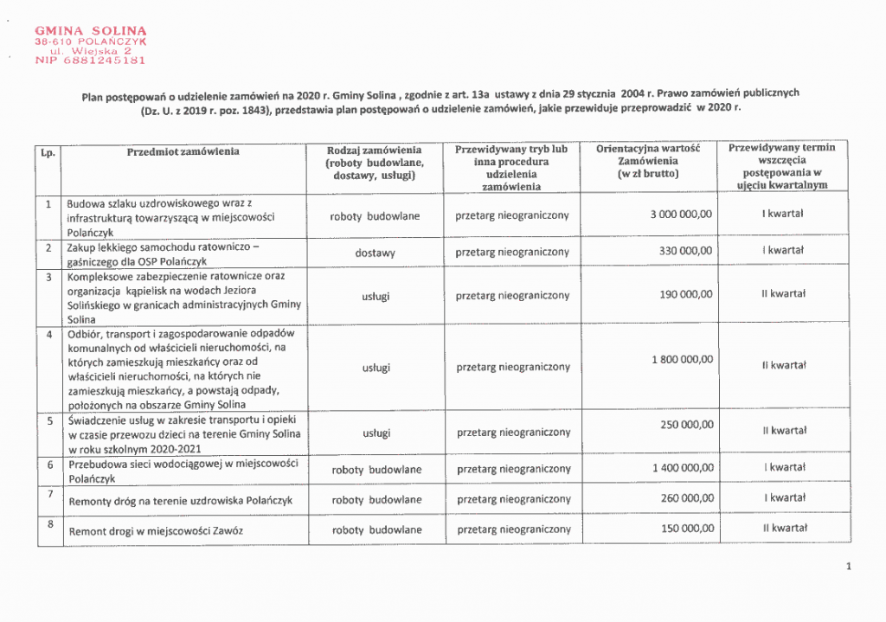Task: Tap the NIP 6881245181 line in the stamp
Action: (x=90, y=61)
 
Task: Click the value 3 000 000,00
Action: (x=681, y=215)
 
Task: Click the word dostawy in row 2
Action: (x=375, y=253)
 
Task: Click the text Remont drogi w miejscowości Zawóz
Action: (x=156, y=530)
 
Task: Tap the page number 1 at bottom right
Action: (x=850, y=567)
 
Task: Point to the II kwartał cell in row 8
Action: (x=784, y=528)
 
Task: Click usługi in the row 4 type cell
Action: (x=376, y=368)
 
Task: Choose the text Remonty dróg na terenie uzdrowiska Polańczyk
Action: (x=180, y=501)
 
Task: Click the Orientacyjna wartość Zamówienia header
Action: (x=647, y=162)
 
